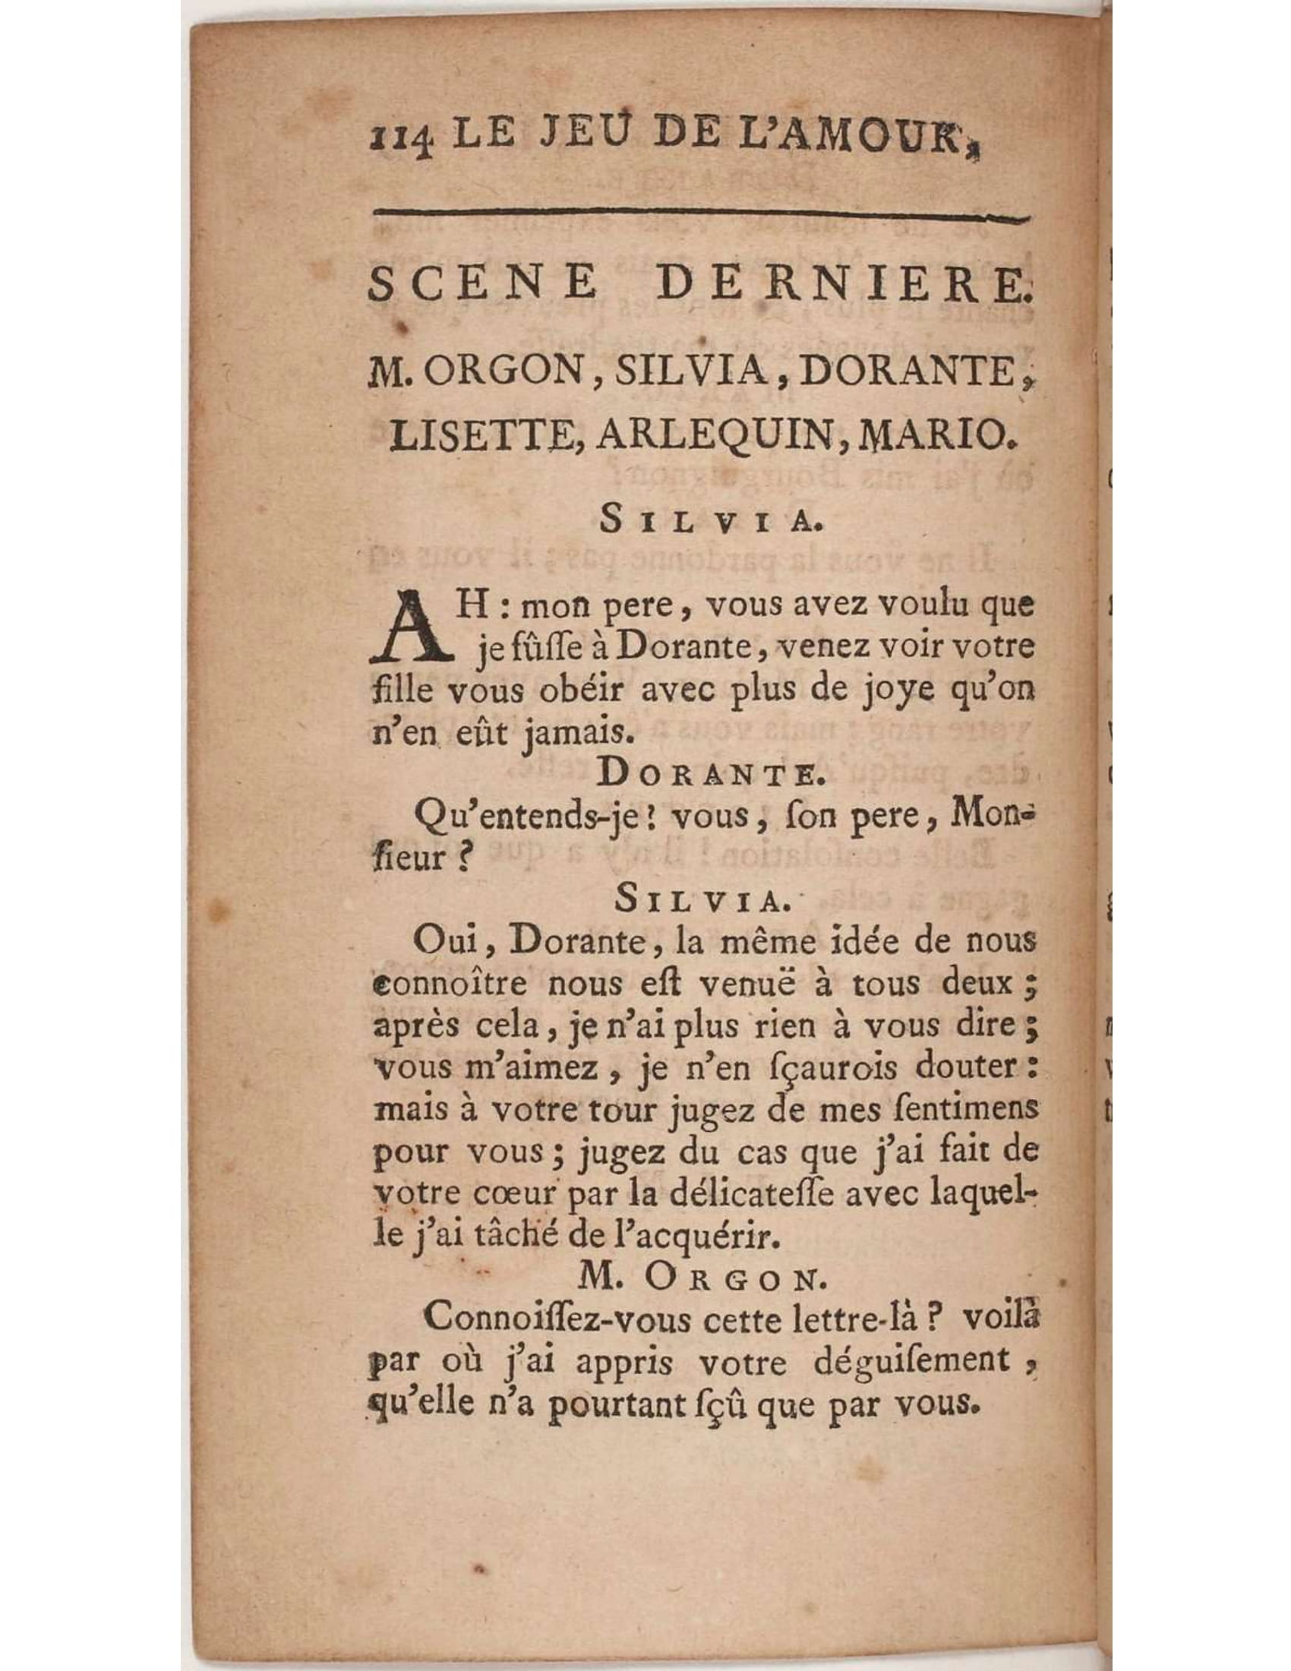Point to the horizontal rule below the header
(696, 216)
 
